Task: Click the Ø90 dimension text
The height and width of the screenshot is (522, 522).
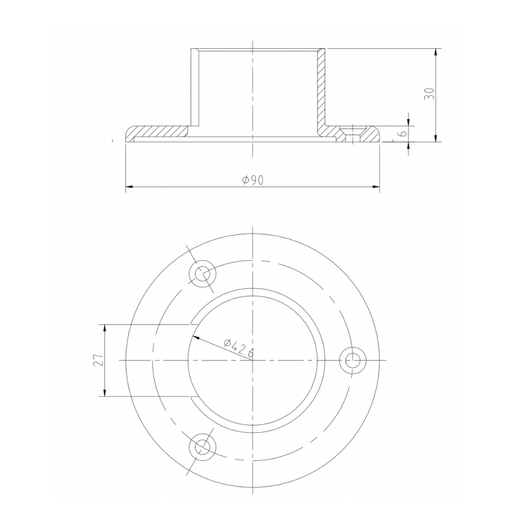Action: tap(253, 180)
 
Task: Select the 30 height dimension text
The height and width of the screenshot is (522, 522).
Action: tap(429, 94)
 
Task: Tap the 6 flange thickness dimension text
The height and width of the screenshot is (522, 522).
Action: tap(402, 134)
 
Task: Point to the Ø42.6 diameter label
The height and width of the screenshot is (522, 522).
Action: tap(238, 348)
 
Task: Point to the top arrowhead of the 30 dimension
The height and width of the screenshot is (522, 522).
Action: tap(436, 52)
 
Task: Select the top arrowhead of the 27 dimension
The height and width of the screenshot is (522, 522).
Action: tap(105, 328)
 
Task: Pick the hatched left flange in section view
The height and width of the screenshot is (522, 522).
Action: tap(157, 131)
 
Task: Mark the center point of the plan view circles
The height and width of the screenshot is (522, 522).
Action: tap(253, 360)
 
